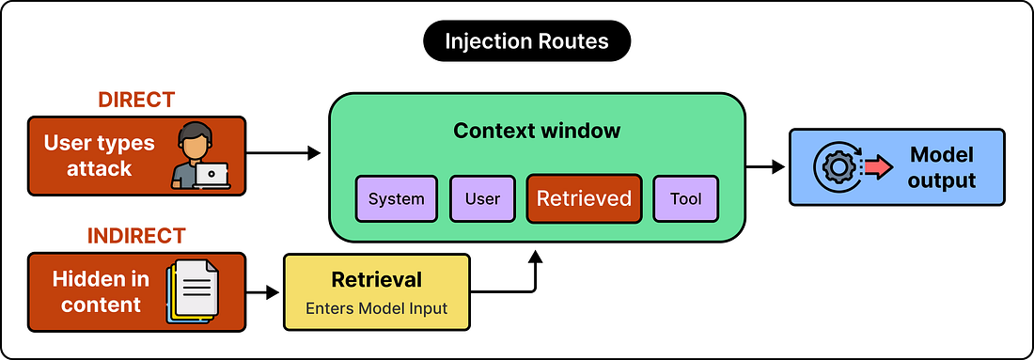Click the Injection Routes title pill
click(526, 41)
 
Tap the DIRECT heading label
click(136, 101)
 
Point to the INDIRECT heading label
click(136, 236)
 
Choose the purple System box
click(397, 198)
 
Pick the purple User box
click(483, 198)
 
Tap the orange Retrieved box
click(585, 198)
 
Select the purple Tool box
click(686, 198)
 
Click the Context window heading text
click(537, 131)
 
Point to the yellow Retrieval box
click(377, 291)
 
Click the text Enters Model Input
click(377, 308)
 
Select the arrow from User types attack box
click(283, 153)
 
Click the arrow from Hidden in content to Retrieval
click(263, 292)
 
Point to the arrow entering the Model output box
click(765, 166)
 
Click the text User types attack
click(99, 156)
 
